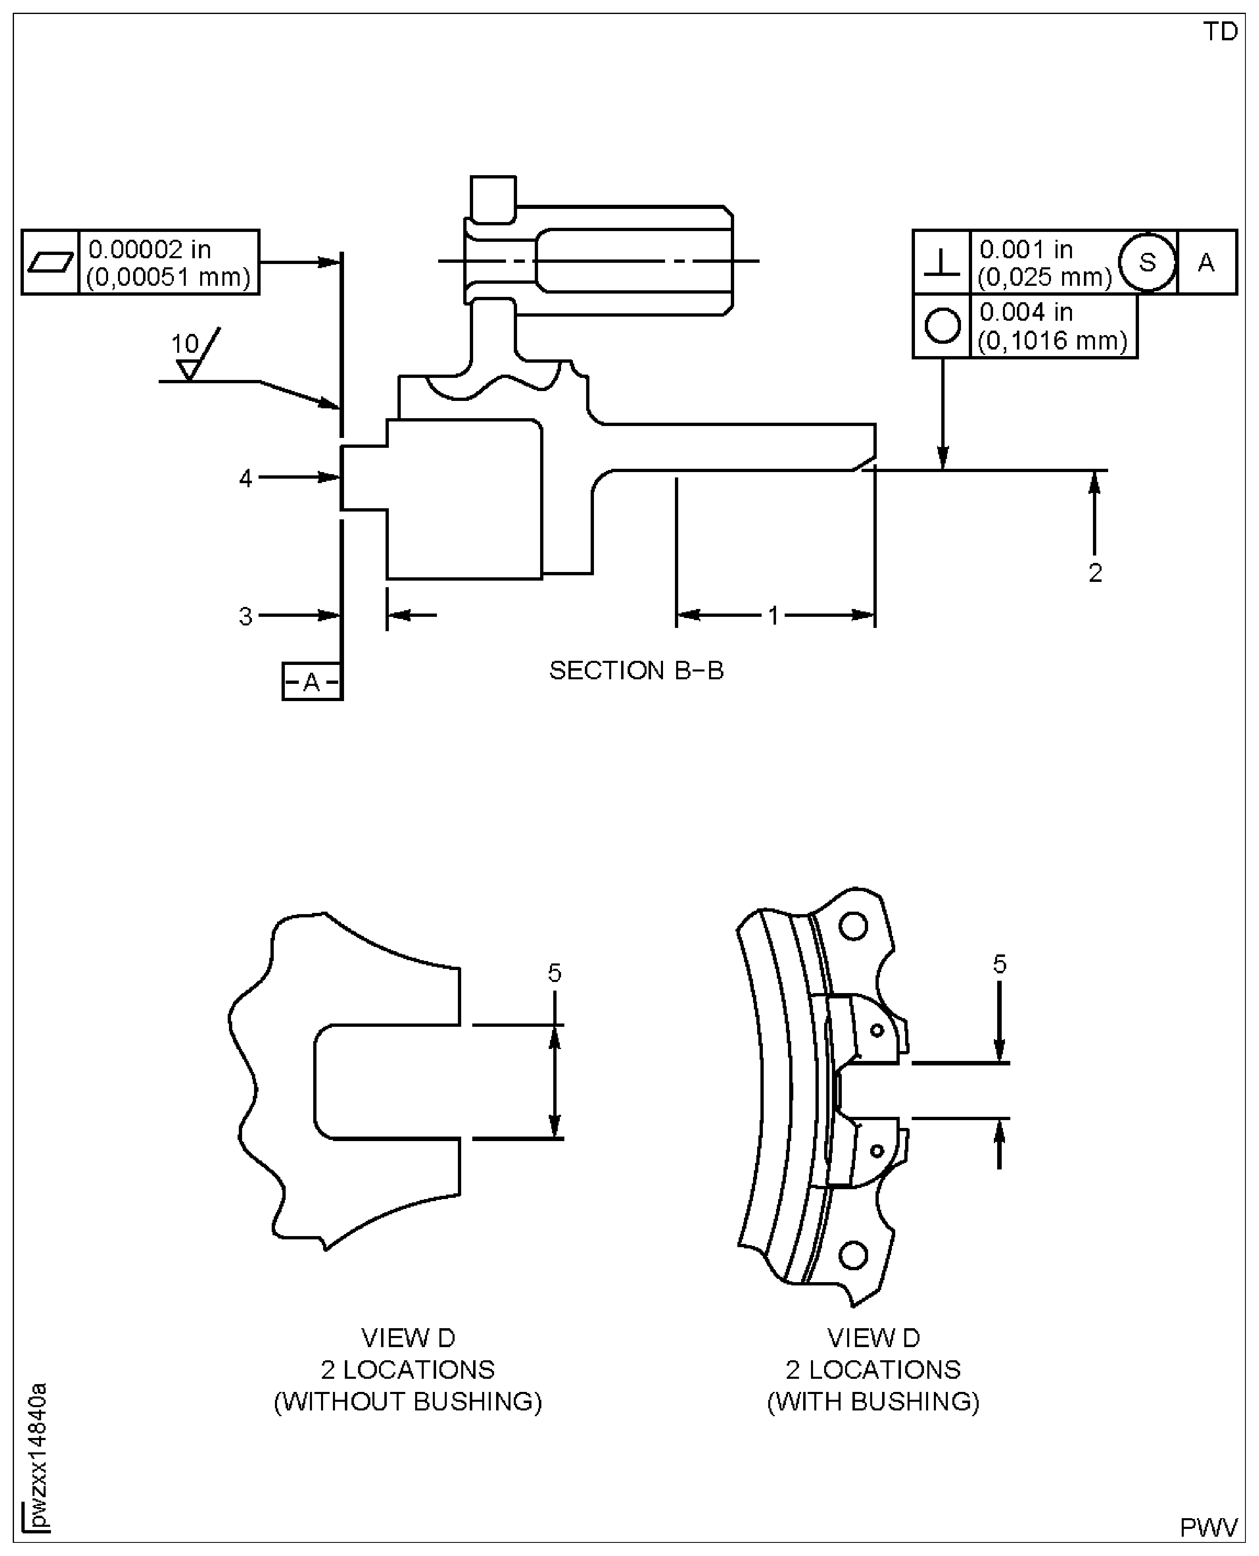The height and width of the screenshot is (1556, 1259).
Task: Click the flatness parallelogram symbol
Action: [50, 262]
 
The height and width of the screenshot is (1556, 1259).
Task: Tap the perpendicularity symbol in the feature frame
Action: [941, 262]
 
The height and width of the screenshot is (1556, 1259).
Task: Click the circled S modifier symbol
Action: [1147, 262]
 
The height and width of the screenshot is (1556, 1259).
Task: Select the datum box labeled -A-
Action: [312, 681]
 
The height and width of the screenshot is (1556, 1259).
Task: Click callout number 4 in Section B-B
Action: [246, 478]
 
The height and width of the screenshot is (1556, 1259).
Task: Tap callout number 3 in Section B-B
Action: [246, 616]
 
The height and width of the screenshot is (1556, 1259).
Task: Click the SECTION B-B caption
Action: [636, 670]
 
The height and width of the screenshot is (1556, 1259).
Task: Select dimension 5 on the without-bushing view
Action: [555, 973]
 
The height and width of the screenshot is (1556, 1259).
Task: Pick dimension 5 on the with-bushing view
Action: [999, 964]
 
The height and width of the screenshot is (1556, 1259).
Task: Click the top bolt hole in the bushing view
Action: [853, 926]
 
